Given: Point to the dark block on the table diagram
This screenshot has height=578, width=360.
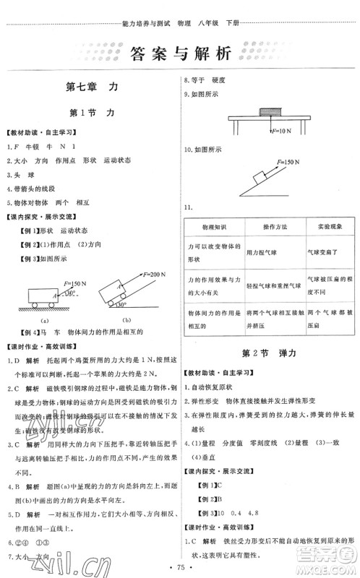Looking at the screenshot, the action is (267, 111).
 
